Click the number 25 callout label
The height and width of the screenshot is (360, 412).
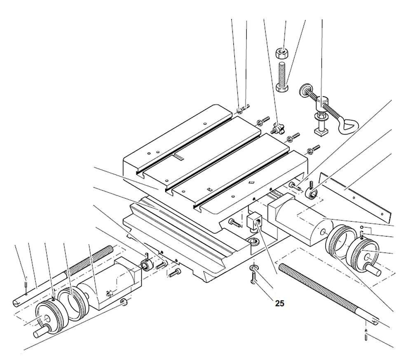279,304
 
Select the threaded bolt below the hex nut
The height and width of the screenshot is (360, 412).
282,76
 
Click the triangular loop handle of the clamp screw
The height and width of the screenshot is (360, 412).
348,125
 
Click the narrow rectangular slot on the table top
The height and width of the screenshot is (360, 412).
180,157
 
